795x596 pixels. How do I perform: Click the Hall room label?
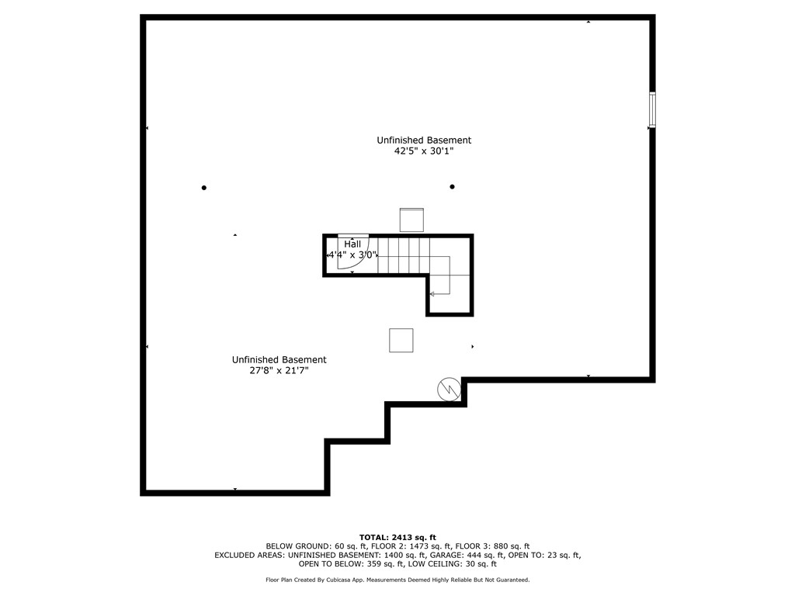click(352, 244)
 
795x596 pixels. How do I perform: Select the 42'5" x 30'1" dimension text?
click(424, 151)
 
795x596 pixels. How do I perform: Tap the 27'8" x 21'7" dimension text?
click(279, 370)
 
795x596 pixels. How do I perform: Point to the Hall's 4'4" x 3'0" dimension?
click(352, 255)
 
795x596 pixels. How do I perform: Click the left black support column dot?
click(204, 188)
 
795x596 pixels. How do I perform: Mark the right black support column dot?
click(453, 186)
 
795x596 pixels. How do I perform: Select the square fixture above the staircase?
click(411, 220)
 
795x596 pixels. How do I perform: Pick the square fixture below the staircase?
click(401, 340)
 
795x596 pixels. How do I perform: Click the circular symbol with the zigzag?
click(450, 390)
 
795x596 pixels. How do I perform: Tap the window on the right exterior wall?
click(652, 109)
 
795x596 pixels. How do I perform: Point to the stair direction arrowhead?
click(432, 294)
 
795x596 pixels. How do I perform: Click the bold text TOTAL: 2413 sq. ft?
click(397, 537)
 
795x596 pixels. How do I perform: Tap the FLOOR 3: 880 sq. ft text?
click(492, 546)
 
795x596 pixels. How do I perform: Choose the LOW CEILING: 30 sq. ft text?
click(454, 563)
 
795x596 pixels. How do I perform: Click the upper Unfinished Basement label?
click(424, 140)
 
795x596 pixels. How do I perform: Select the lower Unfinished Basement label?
click(279, 359)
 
